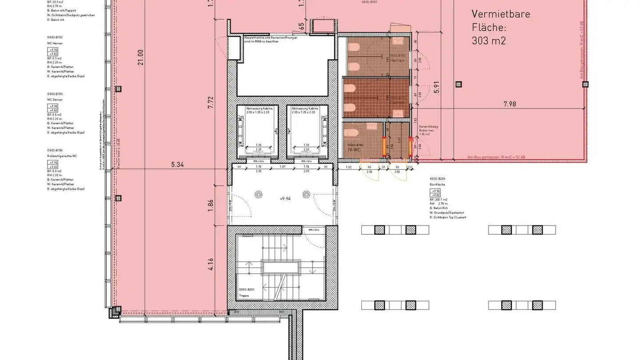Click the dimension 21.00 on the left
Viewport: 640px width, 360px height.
coord(141,57)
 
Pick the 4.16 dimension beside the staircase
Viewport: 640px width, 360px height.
coord(211,265)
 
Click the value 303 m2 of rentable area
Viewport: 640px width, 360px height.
coord(489,41)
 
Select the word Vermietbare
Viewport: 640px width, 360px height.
coord(500,14)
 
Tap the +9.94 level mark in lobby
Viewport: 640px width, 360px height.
coord(285,199)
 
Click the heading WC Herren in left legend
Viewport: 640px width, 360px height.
coord(55,43)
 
